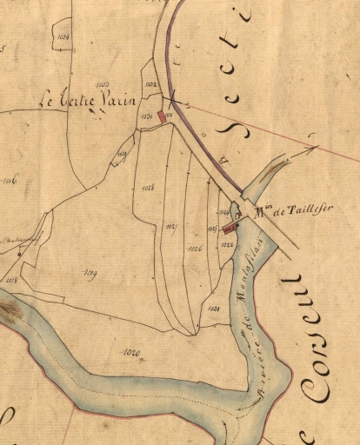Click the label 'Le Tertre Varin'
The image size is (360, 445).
click(90, 101)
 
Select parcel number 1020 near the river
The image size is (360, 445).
click(132, 351)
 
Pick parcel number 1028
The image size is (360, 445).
click(146, 187)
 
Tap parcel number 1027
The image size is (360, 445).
click(170, 226)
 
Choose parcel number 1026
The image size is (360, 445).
click(195, 249)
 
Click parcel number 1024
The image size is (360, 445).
click(214, 309)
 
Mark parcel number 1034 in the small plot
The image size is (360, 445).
click(63, 38)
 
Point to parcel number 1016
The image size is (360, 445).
click(10, 182)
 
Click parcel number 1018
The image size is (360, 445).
click(11, 280)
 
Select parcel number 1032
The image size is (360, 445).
click(150, 84)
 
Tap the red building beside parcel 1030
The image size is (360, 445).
click(160, 116)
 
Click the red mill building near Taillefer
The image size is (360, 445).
click(230, 229)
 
